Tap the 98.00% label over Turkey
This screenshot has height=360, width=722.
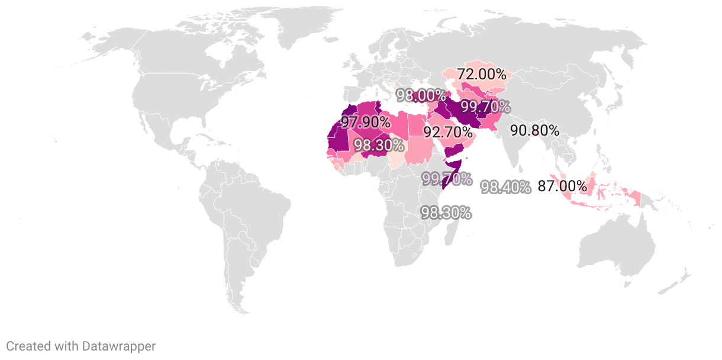click(x=421, y=95)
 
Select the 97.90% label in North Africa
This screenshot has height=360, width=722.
click(x=365, y=123)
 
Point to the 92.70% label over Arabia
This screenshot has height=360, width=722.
click(x=447, y=133)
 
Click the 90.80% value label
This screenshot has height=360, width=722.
click(x=534, y=130)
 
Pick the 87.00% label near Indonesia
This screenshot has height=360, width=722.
click(x=562, y=187)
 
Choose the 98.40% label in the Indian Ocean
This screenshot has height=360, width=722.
click(x=505, y=188)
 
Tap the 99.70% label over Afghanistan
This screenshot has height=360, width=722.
click(x=485, y=107)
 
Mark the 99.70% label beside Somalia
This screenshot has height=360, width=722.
click(x=447, y=178)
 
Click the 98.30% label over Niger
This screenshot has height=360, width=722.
click(x=379, y=145)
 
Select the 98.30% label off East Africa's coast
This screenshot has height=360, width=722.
click(x=446, y=213)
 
